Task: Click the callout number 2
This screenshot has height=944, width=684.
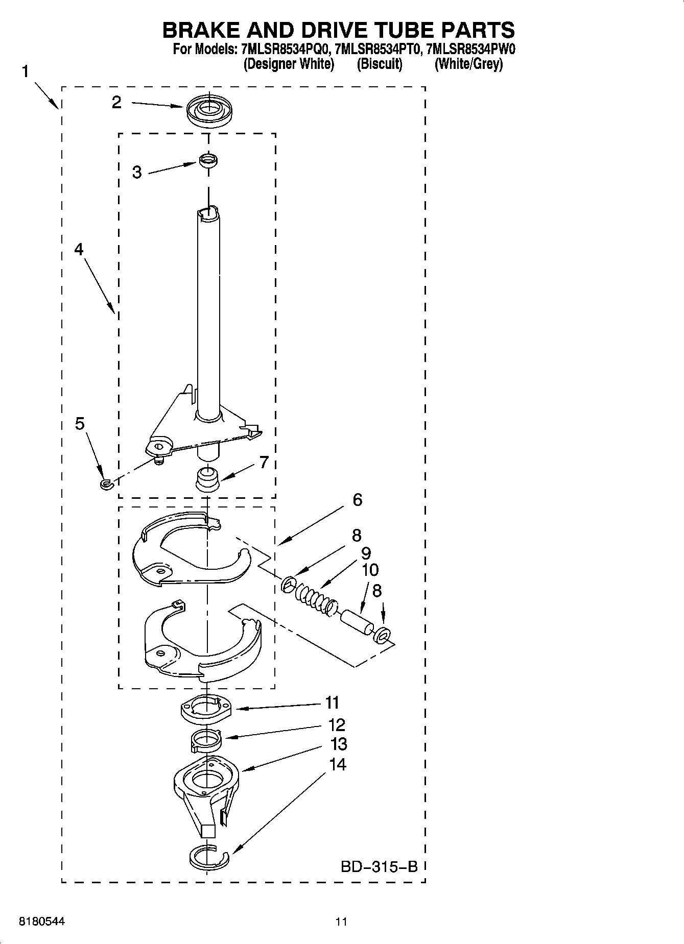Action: (x=117, y=103)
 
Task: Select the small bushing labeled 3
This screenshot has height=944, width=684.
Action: (x=207, y=160)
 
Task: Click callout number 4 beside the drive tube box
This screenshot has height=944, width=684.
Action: (x=79, y=249)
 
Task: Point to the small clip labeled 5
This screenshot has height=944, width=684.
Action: (x=106, y=483)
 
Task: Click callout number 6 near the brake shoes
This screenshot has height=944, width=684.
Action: (x=357, y=500)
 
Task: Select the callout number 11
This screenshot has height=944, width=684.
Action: (x=332, y=703)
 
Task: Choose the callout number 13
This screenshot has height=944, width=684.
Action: (x=338, y=744)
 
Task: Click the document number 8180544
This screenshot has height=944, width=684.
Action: (x=42, y=922)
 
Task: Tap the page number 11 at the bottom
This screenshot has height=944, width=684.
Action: (x=341, y=922)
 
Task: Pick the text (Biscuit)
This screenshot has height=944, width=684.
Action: (x=380, y=64)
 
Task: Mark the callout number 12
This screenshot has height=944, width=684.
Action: (x=337, y=724)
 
